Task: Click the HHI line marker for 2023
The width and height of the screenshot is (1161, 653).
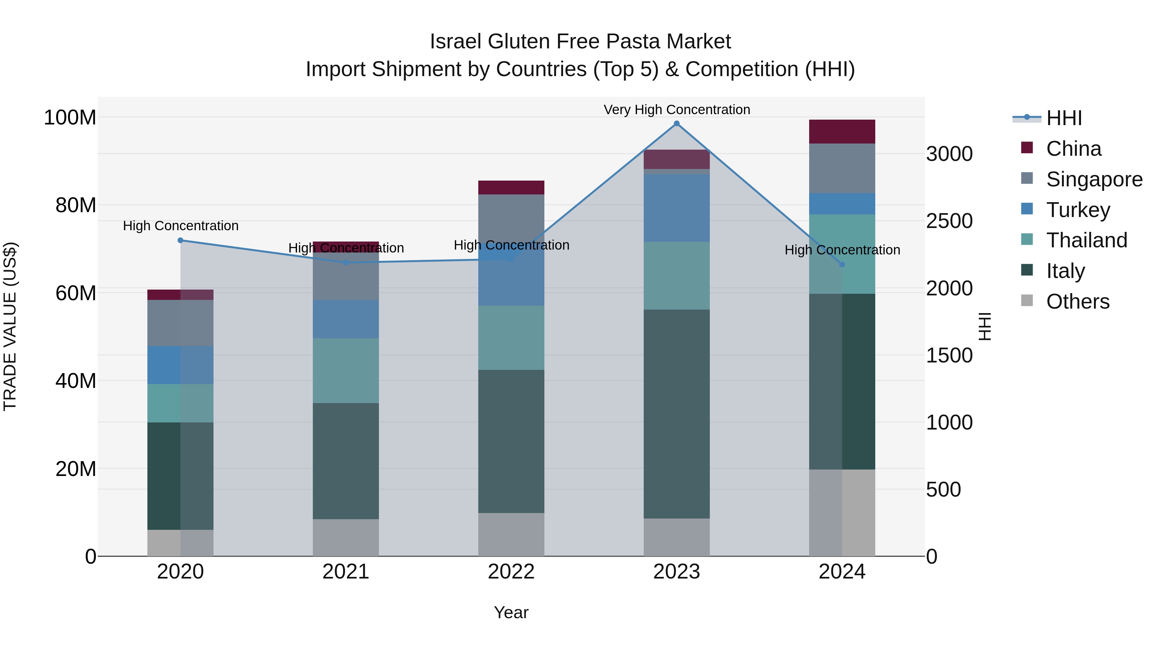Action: (x=677, y=124)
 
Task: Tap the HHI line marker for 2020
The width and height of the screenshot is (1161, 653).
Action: (x=180, y=240)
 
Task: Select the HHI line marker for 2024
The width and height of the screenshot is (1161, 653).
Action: (x=842, y=264)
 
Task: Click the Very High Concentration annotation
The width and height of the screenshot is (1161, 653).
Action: (x=677, y=110)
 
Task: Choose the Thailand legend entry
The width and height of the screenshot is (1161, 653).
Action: (x=1086, y=240)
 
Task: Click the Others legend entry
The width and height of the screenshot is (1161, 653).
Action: (x=1077, y=302)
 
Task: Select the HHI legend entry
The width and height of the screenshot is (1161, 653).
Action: (x=1063, y=118)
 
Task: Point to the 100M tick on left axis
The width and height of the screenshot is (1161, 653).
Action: (x=70, y=118)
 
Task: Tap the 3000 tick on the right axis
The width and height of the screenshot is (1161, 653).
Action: (x=949, y=154)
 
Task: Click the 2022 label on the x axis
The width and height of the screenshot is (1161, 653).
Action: (x=511, y=572)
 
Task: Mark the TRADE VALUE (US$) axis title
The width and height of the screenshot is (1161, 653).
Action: (x=10, y=326)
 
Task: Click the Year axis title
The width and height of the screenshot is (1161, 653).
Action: (x=511, y=612)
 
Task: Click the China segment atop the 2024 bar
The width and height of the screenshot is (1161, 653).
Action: (x=842, y=132)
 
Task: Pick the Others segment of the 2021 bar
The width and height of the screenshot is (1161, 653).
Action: (x=346, y=537)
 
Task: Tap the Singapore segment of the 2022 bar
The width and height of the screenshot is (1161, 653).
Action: (x=511, y=216)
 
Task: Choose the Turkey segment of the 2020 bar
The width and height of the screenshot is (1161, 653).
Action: (x=180, y=365)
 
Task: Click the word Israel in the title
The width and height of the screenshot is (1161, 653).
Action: (x=456, y=42)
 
